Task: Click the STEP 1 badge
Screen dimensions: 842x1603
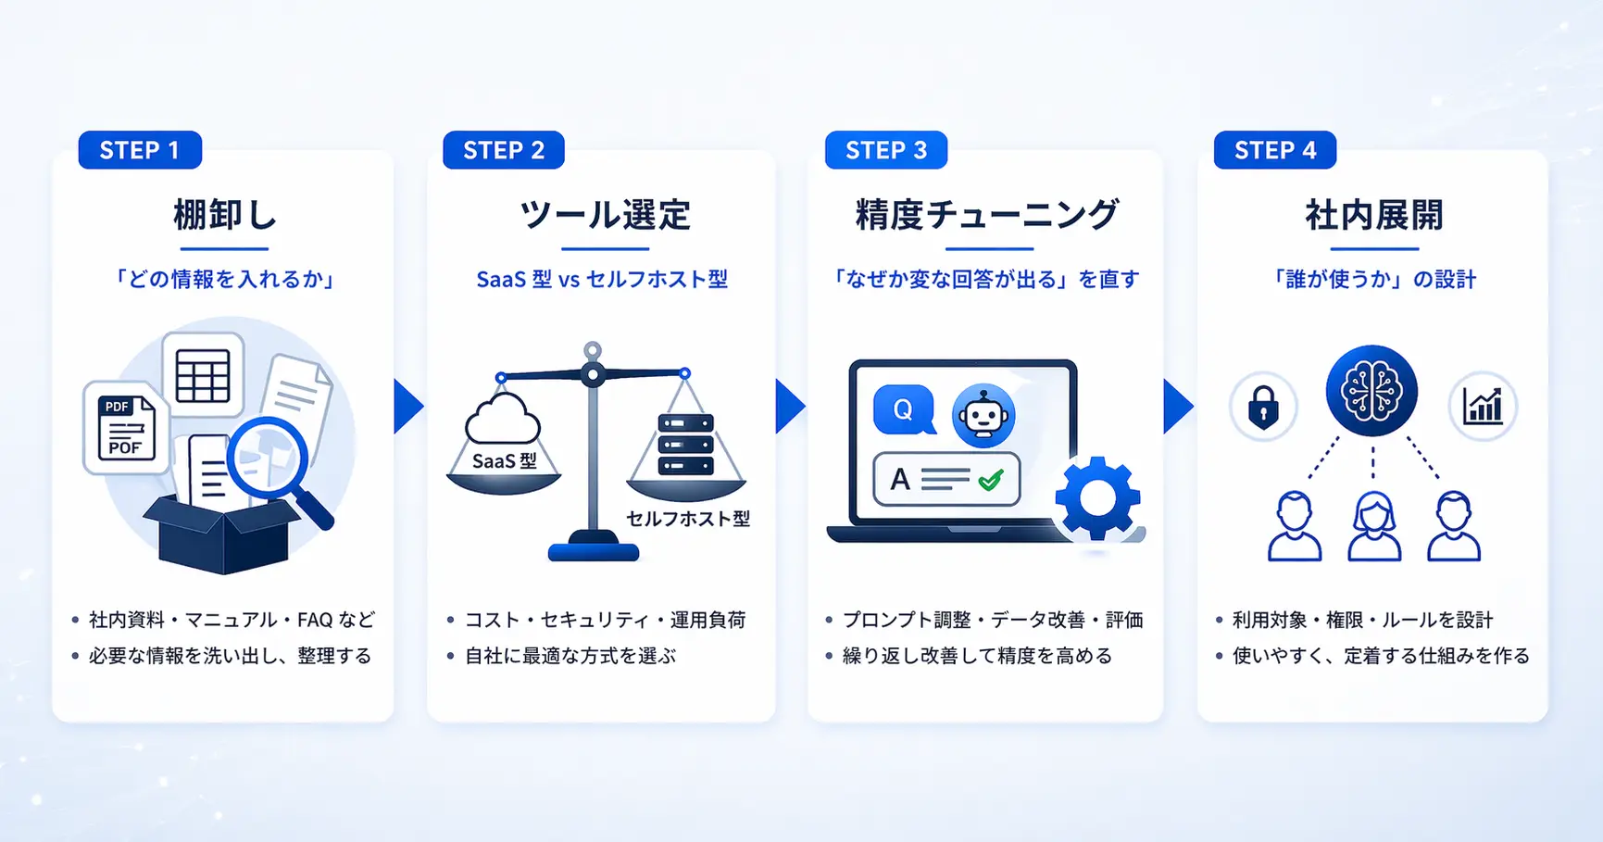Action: pos(140,150)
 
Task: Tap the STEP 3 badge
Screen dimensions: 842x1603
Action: pos(886,150)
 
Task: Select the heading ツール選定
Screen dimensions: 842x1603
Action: pos(605,215)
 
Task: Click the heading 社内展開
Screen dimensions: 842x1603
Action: pos(1374,215)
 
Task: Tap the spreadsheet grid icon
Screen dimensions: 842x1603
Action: pos(203,375)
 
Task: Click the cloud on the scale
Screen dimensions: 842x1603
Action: pos(503,421)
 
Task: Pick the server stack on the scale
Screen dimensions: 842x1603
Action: pos(685,446)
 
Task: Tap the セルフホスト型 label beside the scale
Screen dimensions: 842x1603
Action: pos(688,519)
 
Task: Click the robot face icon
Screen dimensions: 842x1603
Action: pos(983,416)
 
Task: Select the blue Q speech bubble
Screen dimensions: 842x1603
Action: pos(903,409)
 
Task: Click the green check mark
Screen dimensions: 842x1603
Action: pos(990,480)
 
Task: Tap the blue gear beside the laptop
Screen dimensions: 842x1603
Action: pos(1097,498)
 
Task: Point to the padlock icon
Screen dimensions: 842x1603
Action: pos(1263,407)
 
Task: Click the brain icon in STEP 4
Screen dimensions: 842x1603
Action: pos(1371,391)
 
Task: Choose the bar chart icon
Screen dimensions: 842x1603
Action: pos(1482,407)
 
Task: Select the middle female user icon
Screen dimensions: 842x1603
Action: pos(1374,526)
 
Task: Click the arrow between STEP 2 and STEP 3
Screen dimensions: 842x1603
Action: pos(789,406)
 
